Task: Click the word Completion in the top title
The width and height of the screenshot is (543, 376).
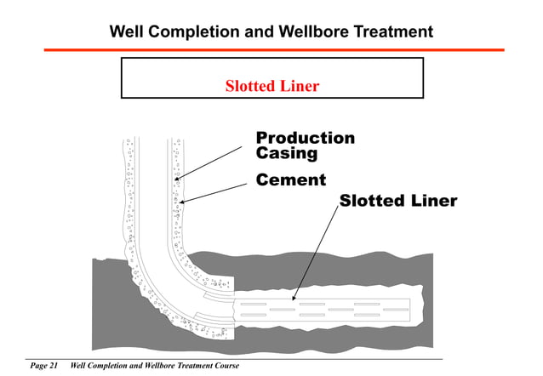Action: pos(197,32)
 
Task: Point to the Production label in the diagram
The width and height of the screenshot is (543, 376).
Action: pos(306,138)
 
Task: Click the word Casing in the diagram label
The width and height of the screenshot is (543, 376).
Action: pos(286,154)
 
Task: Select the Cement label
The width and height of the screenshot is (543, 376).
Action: pos(291,180)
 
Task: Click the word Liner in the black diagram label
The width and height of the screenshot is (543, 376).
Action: pos(433,202)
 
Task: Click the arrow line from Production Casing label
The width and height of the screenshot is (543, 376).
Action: pos(212,162)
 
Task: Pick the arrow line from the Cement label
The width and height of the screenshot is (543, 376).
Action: pos(216,191)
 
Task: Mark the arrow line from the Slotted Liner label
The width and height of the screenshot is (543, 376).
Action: pos(317,251)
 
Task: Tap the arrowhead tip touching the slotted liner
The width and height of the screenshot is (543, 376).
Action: pos(294,300)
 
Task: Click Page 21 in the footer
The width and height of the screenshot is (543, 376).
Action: pos(43,366)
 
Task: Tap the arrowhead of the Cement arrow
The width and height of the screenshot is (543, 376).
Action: pos(183,202)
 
